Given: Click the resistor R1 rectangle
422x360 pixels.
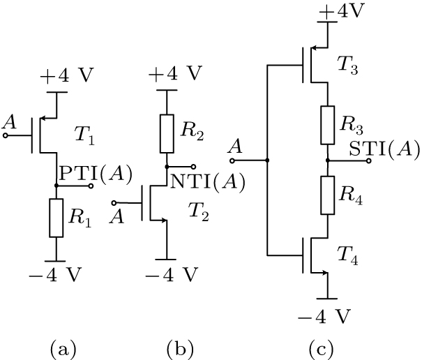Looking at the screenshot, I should [56, 218].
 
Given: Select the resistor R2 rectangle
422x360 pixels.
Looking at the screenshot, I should [166, 134].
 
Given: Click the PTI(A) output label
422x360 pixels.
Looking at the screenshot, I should [96, 175].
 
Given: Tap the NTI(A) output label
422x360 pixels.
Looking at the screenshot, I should [209, 182].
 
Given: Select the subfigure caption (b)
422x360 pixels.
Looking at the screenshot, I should [177, 347].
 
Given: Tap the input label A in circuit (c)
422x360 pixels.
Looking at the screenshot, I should [236, 147].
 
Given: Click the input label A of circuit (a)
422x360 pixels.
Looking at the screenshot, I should [10, 123].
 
